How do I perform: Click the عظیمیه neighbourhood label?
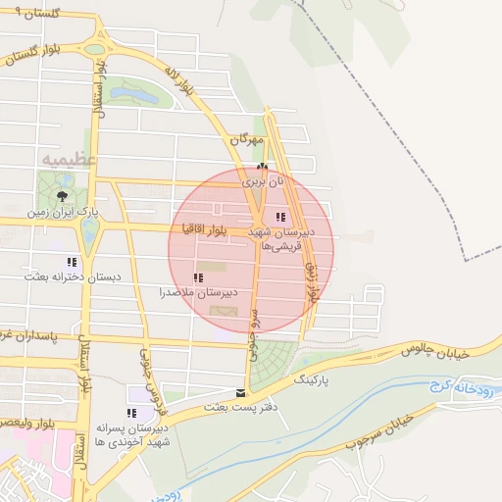69,158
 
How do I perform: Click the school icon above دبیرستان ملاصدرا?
199,278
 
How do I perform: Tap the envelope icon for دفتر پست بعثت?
241,392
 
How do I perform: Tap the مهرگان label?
248,140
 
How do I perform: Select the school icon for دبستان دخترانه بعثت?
71,262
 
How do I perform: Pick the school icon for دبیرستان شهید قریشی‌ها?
279,217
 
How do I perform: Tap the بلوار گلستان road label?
39,51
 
